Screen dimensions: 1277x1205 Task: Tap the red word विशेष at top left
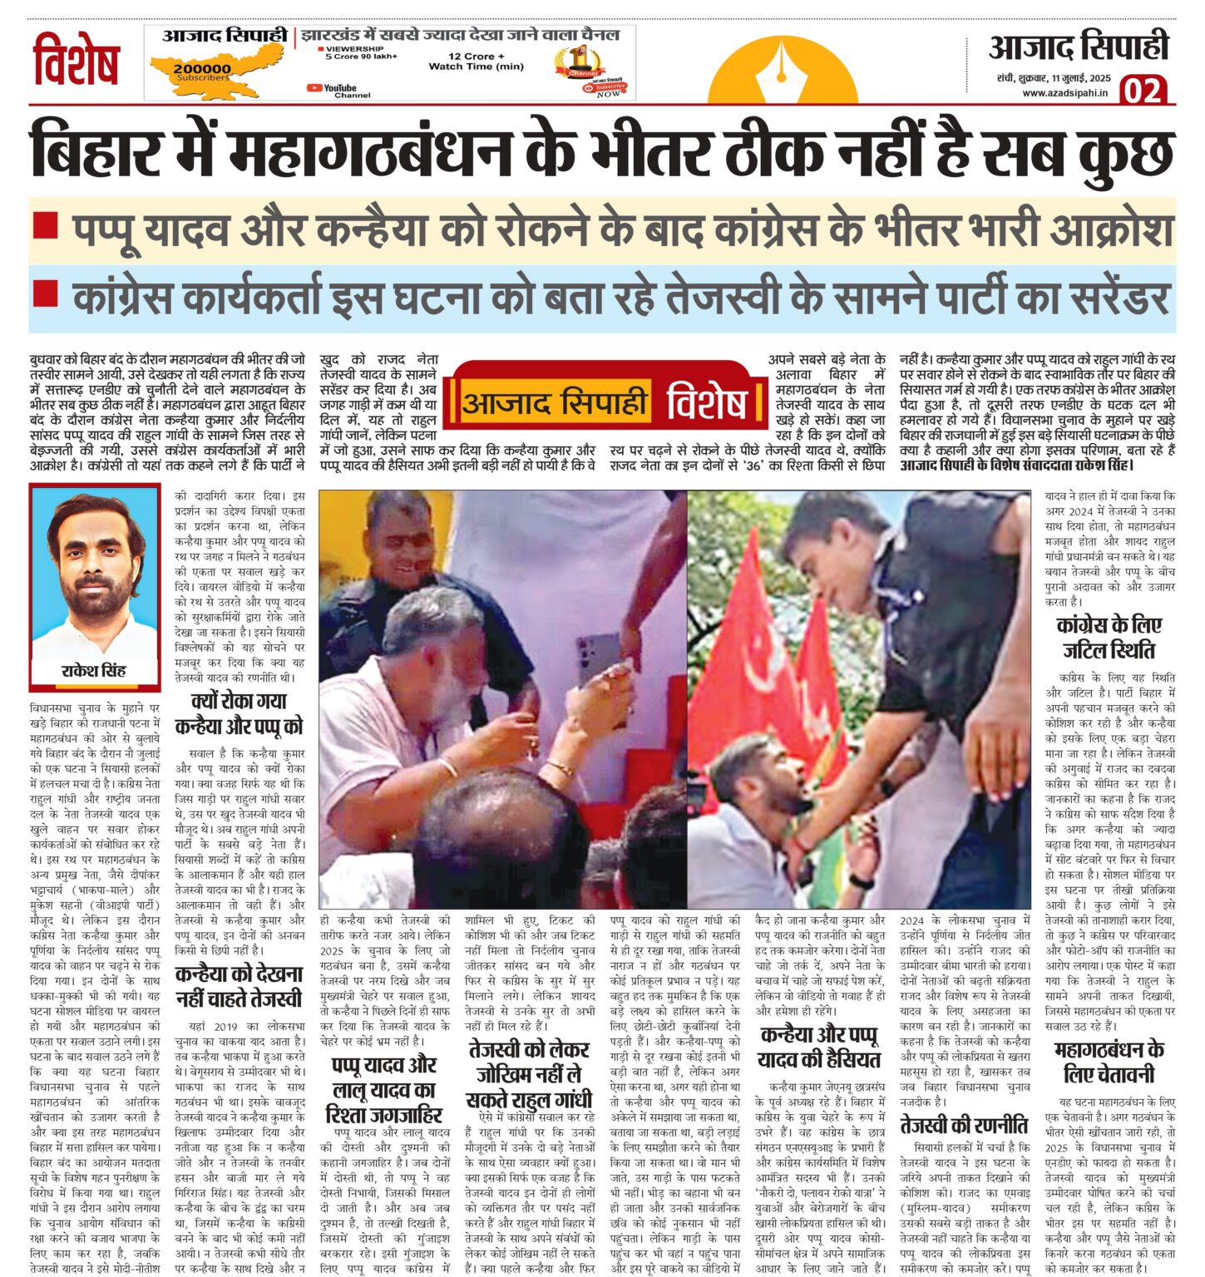tap(76, 61)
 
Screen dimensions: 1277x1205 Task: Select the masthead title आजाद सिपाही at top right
tap(1078, 47)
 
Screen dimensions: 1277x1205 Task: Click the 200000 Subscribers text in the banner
tap(202, 72)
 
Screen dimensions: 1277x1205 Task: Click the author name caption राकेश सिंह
tap(94, 671)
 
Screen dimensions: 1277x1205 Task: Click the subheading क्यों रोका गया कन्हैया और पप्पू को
tap(239, 714)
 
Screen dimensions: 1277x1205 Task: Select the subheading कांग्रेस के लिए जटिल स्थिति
tap(1109, 638)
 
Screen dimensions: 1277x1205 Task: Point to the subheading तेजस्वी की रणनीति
tap(964, 1126)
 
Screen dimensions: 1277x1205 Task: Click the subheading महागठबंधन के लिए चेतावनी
tap(1109, 1061)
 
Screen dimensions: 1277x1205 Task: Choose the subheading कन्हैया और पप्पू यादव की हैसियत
tap(818, 1047)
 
